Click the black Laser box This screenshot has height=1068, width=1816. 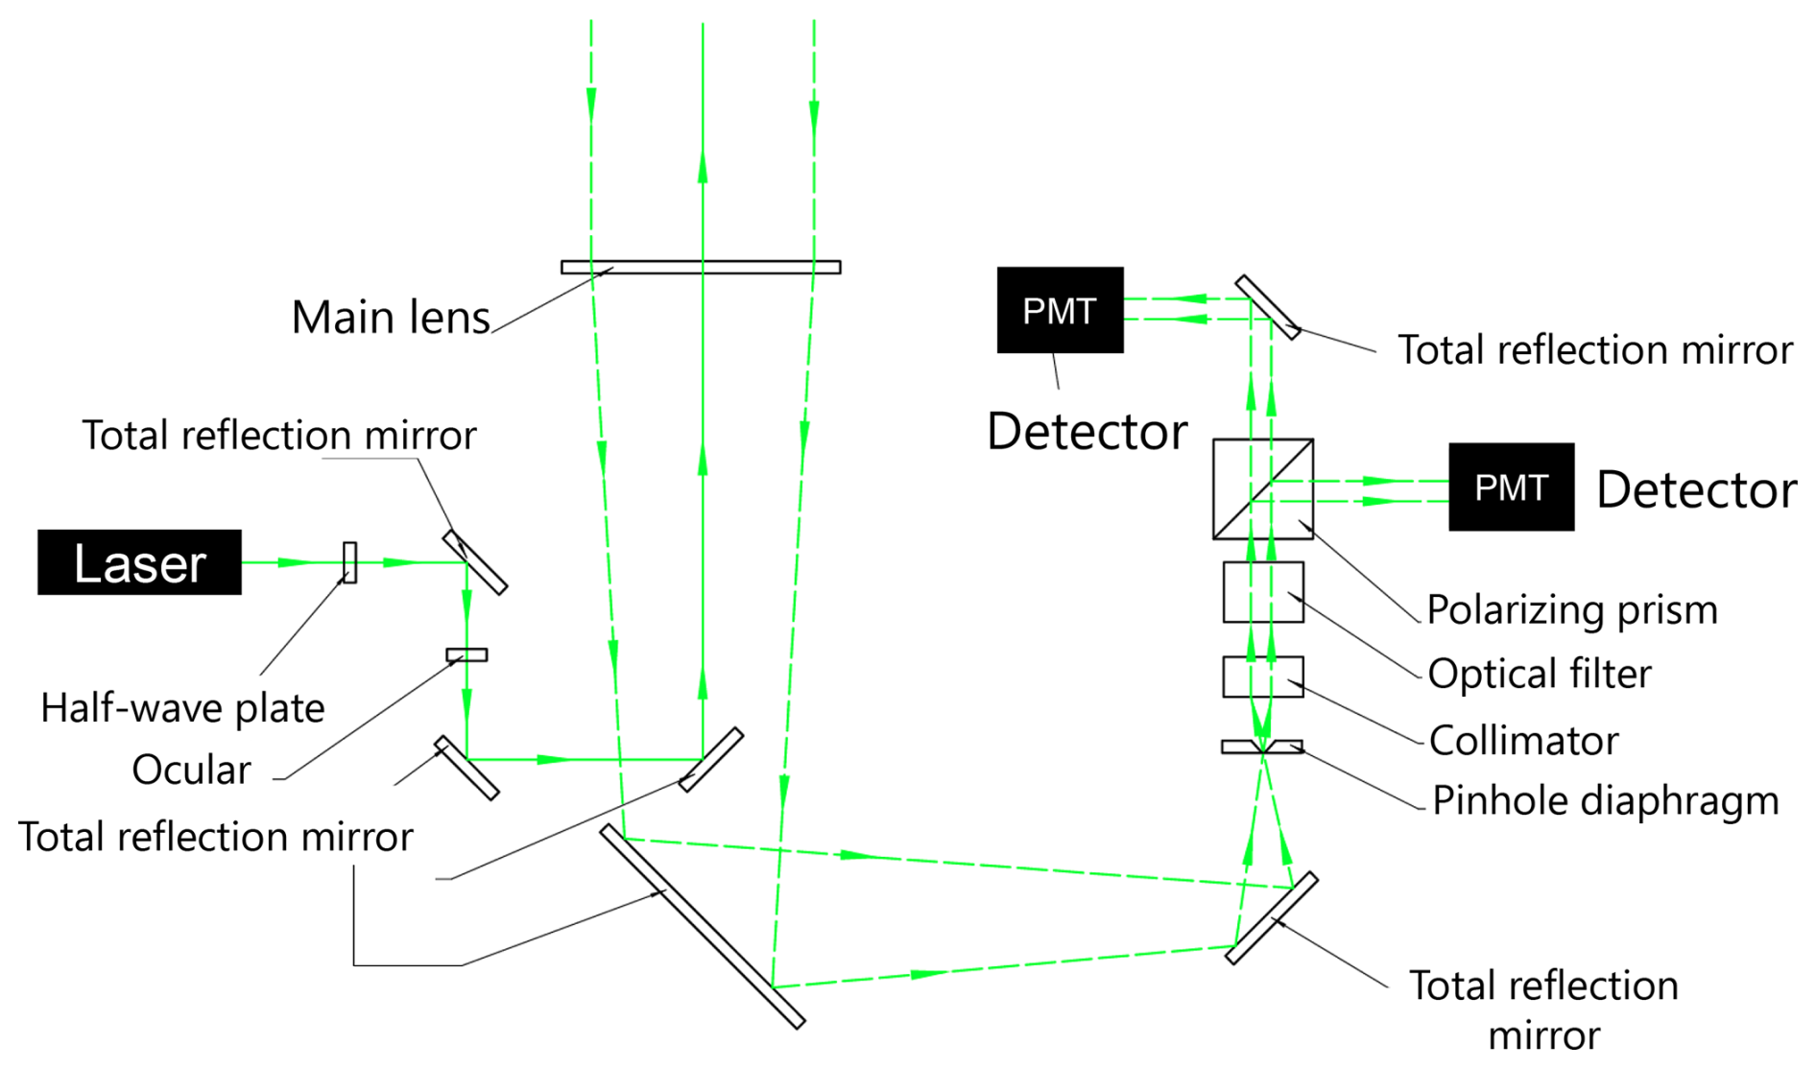(139, 562)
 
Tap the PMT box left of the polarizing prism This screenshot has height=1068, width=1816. (1060, 310)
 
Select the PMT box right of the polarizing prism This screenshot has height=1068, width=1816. (1511, 487)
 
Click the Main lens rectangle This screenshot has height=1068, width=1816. (701, 267)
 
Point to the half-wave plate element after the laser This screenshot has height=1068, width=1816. (350, 562)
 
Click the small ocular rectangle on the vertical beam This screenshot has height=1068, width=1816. (466, 655)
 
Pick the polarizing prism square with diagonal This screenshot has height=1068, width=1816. (1263, 488)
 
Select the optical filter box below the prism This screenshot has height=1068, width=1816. (1263, 592)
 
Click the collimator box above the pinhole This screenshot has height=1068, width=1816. (1263, 676)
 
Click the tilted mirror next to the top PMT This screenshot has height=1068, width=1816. (1268, 307)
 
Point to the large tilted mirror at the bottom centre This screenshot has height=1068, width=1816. (702, 926)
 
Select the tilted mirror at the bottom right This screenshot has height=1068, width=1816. (1272, 918)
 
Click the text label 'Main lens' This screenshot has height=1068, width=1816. (391, 318)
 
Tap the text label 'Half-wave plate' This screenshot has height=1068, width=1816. (182, 708)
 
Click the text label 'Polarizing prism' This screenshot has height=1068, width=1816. (1571, 610)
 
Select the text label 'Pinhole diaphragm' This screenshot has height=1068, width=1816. (1605, 800)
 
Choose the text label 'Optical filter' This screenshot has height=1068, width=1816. (1540, 674)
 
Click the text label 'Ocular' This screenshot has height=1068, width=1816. (191, 770)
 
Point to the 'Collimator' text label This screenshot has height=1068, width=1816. (1523, 741)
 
